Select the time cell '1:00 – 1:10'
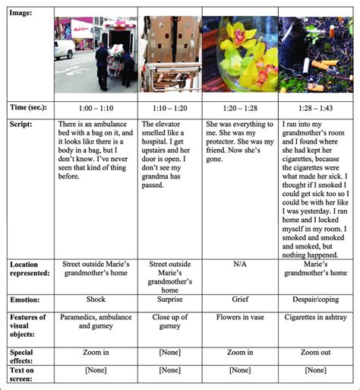(x=96, y=108)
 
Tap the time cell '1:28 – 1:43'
(x=314, y=108)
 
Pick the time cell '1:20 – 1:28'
(x=240, y=108)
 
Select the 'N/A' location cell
(x=240, y=265)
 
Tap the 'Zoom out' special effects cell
(x=314, y=353)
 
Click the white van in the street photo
(x=65, y=49)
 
